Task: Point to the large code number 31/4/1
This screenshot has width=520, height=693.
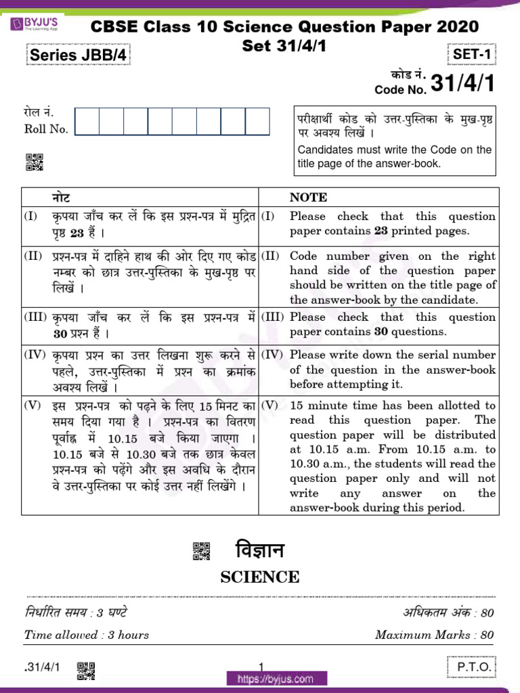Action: [462, 84]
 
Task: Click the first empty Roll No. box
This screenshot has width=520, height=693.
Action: [87, 121]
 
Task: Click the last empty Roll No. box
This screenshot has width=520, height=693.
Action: [257, 121]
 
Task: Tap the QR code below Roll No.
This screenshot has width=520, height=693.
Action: [35, 162]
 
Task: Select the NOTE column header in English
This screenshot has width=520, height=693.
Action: [308, 198]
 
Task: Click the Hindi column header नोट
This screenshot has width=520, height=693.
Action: [61, 198]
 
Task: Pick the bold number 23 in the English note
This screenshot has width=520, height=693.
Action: [383, 231]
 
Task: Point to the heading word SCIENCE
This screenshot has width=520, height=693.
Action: [260, 577]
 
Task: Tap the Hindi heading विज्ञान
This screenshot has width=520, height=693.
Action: [259, 550]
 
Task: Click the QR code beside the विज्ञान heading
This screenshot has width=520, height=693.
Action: [202, 551]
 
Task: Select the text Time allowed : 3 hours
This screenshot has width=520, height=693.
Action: [87, 635]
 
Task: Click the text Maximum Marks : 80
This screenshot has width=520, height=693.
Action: [434, 635]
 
